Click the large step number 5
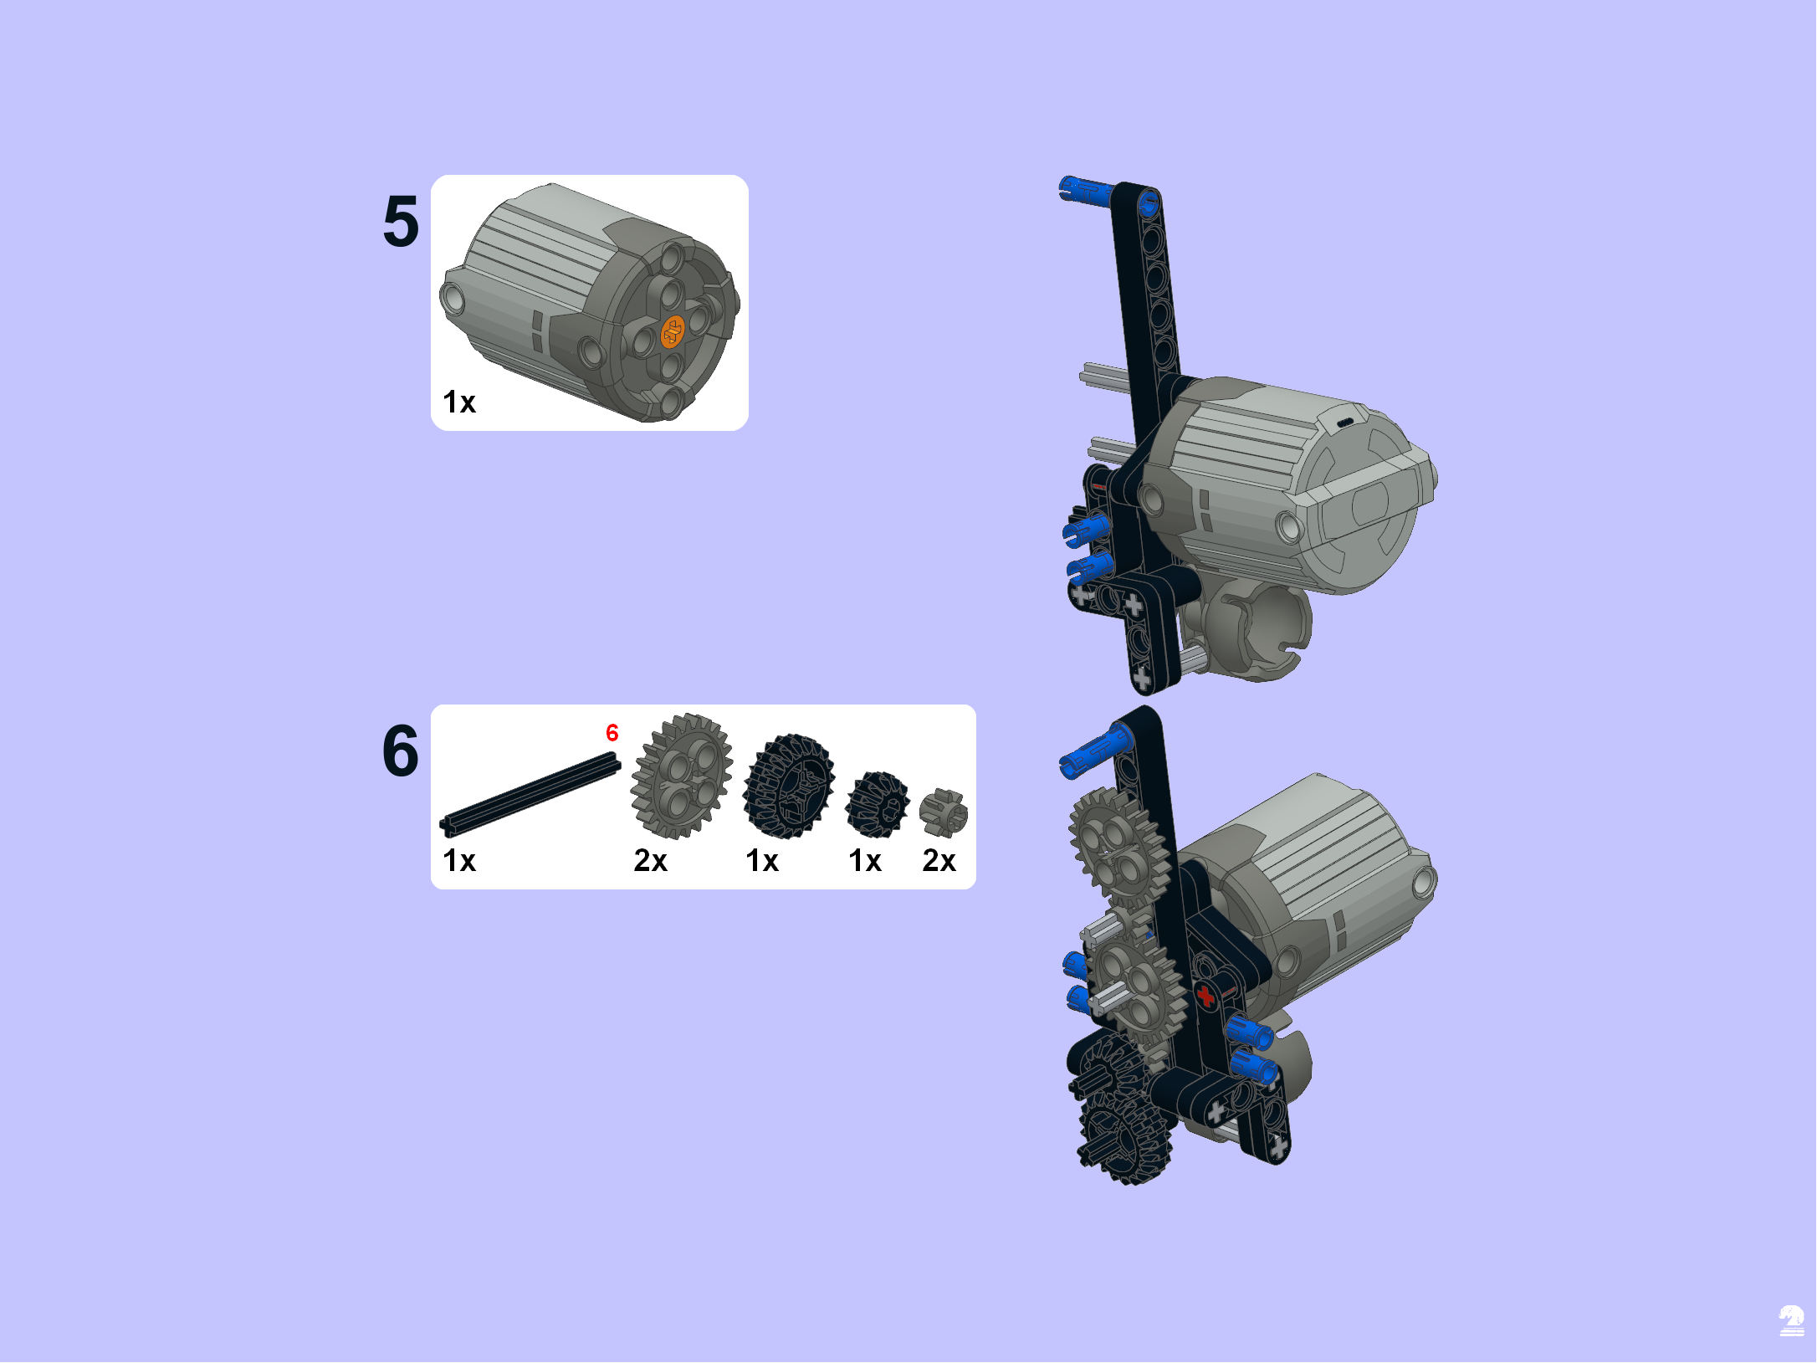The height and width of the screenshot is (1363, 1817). point(401,222)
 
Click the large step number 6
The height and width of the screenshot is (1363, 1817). point(401,751)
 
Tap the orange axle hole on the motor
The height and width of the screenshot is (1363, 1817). point(673,332)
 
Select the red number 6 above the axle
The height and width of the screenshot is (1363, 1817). point(612,733)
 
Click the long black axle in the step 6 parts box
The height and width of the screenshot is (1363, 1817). point(530,793)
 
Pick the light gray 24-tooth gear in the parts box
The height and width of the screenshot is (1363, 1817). point(682,776)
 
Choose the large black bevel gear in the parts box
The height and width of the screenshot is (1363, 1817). point(789,786)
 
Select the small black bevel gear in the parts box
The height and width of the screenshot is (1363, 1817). point(878,804)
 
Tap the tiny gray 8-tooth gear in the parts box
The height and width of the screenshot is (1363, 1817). point(944,812)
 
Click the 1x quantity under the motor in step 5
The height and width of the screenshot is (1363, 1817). point(459,402)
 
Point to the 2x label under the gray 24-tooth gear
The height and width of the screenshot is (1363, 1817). point(651,860)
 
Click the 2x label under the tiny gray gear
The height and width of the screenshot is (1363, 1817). point(939,860)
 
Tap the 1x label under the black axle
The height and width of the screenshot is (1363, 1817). point(459,860)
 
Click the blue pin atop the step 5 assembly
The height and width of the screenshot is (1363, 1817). point(1085,191)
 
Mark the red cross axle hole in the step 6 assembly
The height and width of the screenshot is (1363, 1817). point(1205,996)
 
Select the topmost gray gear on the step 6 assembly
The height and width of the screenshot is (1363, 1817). point(1118,848)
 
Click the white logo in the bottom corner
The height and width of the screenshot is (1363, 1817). point(1791,1320)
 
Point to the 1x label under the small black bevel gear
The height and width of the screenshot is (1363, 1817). point(865,860)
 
